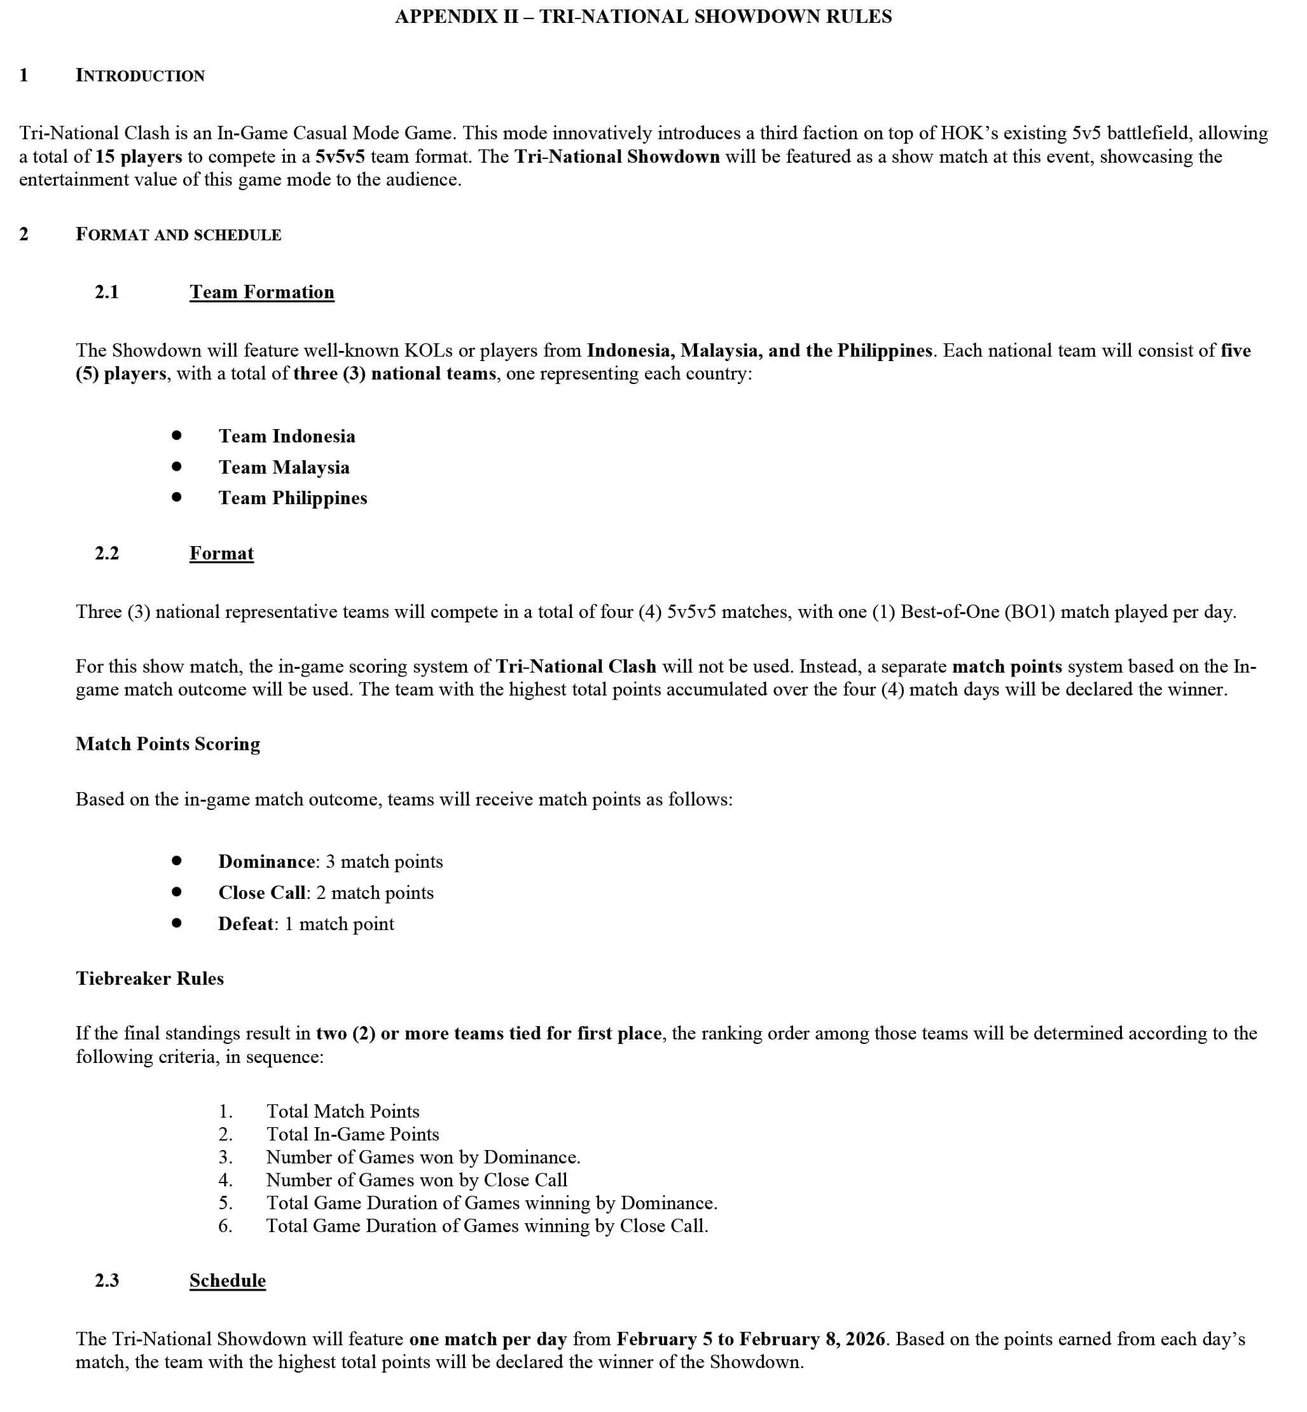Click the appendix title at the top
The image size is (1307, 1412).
(643, 17)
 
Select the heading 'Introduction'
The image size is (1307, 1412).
(140, 76)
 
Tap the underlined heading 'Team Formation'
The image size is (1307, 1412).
(261, 292)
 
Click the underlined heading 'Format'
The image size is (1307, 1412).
(221, 553)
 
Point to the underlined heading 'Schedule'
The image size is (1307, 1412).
(228, 1280)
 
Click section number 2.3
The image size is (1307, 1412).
(107, 1280)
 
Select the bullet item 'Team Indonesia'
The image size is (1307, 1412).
(286, 436)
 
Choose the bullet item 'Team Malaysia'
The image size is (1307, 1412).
(284, 467)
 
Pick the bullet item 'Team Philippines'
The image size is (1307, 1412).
(293, 498)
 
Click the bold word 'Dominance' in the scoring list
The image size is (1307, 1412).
(266, 862)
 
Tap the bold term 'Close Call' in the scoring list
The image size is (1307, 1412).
(261, 893)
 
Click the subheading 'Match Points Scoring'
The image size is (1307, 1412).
(168, 744)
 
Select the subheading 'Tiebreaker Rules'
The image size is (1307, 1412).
(150, 978)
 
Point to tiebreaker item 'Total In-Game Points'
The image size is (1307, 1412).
(352, 1134)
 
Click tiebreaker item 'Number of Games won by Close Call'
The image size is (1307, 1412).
(417, 1180)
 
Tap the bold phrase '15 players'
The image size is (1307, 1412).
(139, 156)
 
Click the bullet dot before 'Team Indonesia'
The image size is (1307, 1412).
(177, 435)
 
